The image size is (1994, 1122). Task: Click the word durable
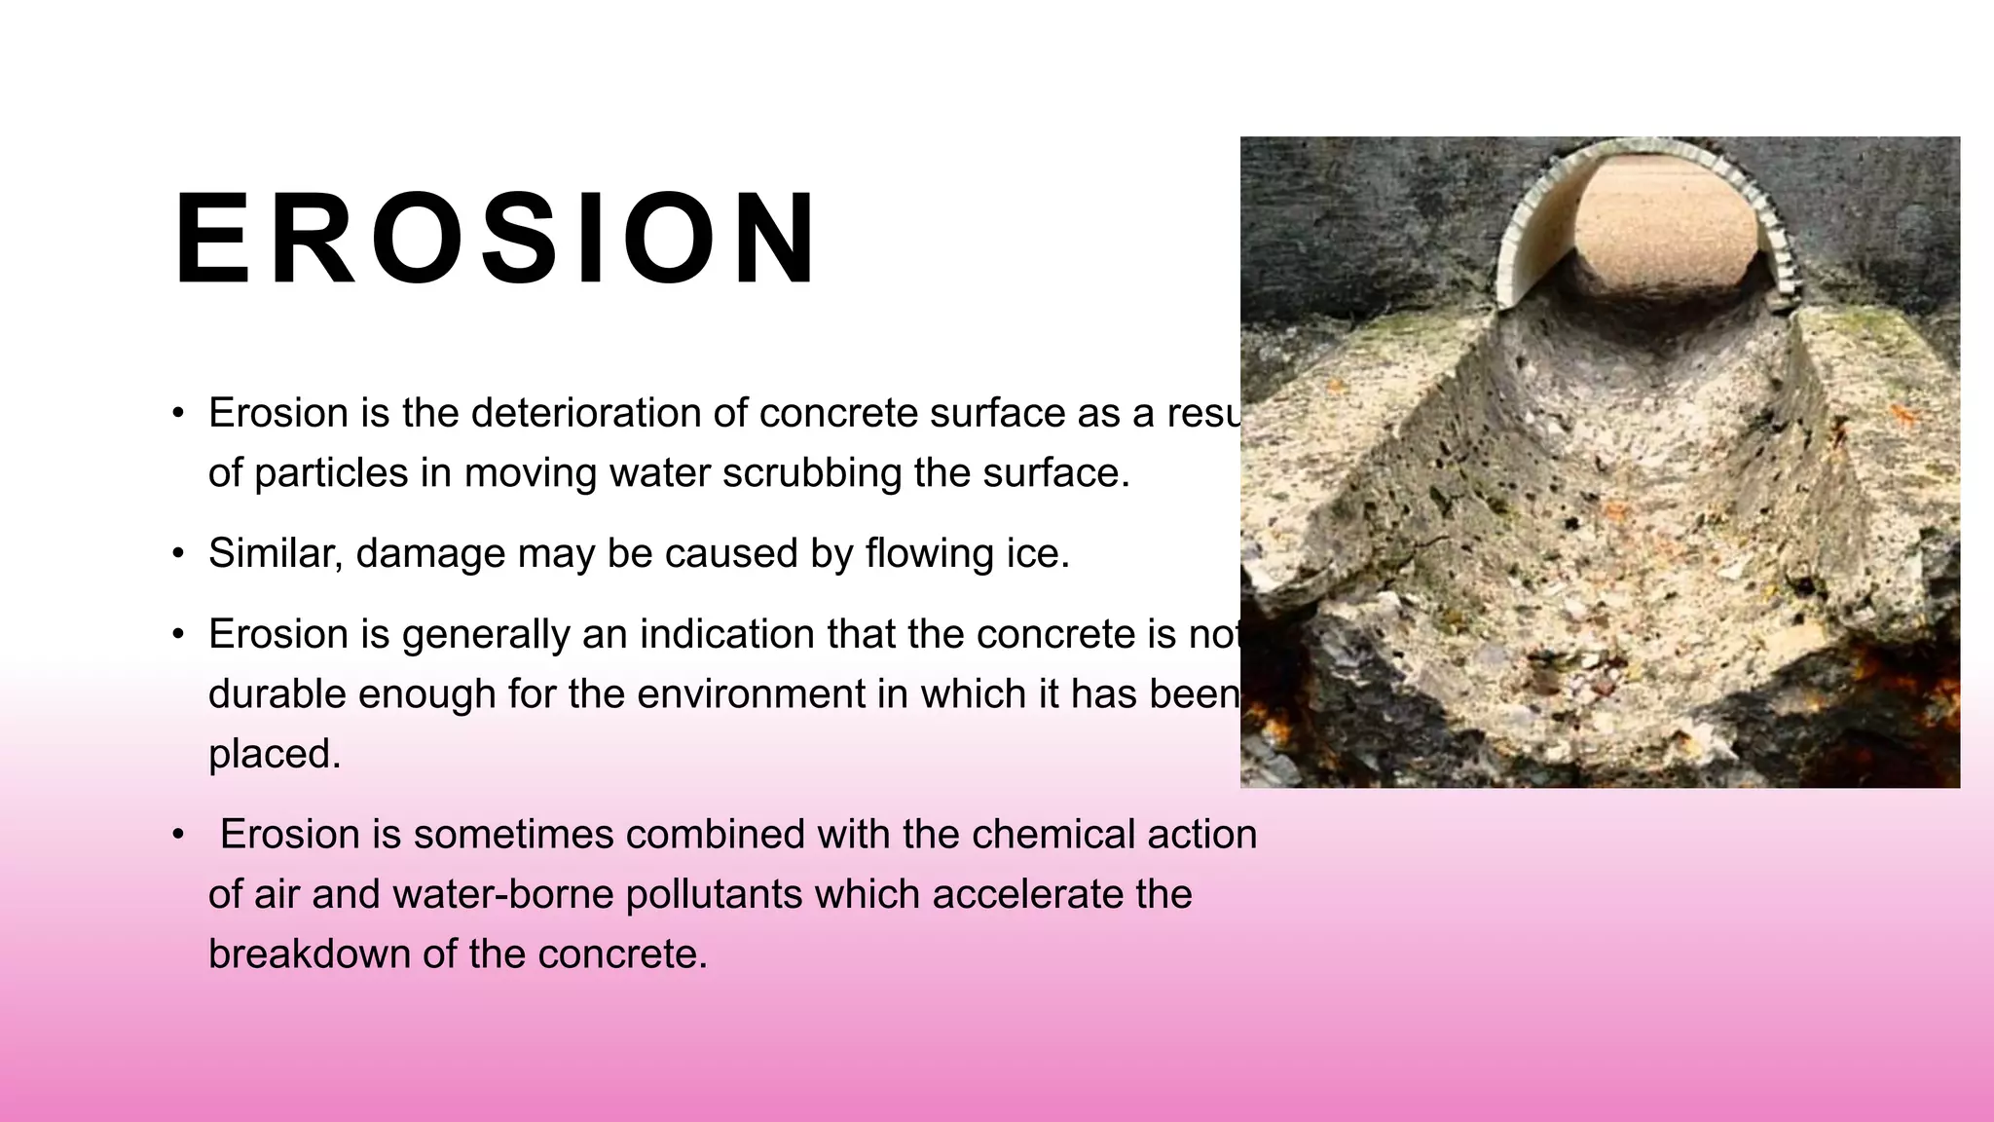click(277, 694)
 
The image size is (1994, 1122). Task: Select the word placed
click(275, 754)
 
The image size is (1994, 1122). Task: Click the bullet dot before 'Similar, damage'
click(178, 554)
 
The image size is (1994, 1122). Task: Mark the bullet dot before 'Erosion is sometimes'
click(178, 836)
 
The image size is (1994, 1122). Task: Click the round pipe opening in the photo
click(1651, 234)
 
